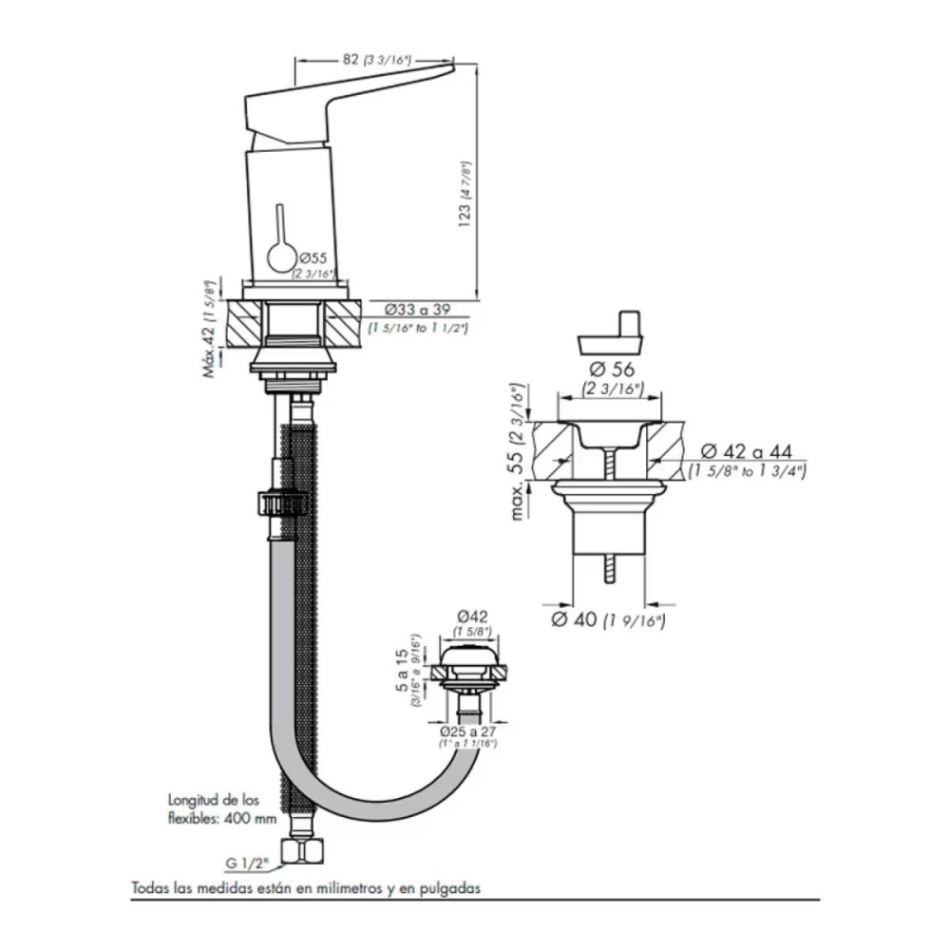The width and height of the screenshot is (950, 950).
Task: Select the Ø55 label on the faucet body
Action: tap(313, 257)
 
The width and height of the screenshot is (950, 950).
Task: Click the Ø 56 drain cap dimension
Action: tap(613, 369)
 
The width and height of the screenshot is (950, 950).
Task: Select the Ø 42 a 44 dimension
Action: tap(747, 451)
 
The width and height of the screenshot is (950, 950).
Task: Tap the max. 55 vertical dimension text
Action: tap(519, 446)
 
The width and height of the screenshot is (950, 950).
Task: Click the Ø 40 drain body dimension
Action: tap(608, 620)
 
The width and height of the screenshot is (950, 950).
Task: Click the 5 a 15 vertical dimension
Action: tap(404, 671)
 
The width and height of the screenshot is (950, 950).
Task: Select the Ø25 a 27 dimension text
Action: tap(468, 732)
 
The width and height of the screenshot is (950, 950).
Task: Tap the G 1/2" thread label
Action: tap(248, 864)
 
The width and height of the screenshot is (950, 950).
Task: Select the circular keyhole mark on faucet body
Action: tap(281, 256)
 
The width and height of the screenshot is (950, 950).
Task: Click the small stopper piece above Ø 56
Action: tap(612, 333)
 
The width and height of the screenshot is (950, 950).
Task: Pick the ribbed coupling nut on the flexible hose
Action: tap(282, 503)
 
